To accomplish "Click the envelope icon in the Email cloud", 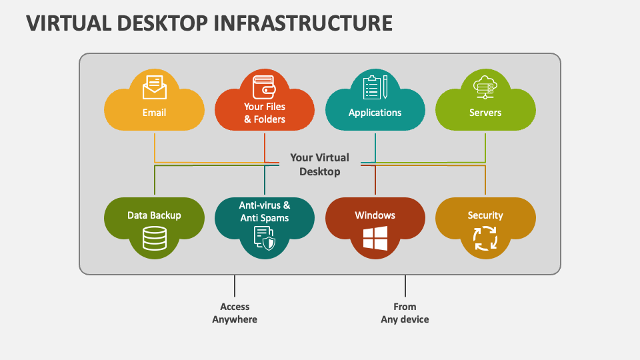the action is point(154,87).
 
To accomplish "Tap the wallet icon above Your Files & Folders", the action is point(264,87).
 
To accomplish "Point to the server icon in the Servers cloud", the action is point(485,87).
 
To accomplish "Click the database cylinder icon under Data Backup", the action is point(155,238).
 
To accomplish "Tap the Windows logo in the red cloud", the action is point(375,238).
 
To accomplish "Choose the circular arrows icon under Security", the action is point(485,238).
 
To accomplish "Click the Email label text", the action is point(154,113).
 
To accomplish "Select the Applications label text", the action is point(375,113).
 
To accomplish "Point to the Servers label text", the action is point(485,113).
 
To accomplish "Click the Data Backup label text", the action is point(154,215).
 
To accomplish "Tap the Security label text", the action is point(485,215).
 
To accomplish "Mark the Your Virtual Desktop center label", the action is point(319,165).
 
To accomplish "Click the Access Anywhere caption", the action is point(235,313).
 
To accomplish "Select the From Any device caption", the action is point(405,313).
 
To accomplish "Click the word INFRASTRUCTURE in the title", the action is point(303,23).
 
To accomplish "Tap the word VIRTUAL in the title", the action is point(69,23).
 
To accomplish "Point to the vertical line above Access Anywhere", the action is point(235,286).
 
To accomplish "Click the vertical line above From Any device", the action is point(405,286).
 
